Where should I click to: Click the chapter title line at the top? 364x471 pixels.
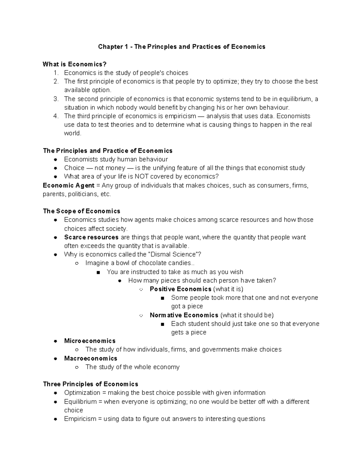(181, 47)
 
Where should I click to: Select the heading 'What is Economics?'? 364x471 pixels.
(75, 64)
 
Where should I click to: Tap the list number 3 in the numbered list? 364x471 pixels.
(56, 99)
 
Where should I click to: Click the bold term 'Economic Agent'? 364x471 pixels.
(69, 185)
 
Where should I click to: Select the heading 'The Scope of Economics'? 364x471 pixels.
(82, 211)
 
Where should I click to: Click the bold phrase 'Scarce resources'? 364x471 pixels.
(91, 237)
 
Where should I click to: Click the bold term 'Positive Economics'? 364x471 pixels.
(180, 289)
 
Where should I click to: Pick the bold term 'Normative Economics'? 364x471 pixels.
(184, 315)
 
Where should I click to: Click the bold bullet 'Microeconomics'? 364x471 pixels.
(90, 341)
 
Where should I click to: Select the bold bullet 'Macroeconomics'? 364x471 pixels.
(91, 358)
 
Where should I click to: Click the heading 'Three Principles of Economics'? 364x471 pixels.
(90, 384)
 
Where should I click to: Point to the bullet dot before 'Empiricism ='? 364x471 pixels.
(56, 419)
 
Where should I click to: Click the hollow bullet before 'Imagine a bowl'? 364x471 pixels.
(77, 263)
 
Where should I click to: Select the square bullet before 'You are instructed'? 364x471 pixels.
(98, 272)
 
